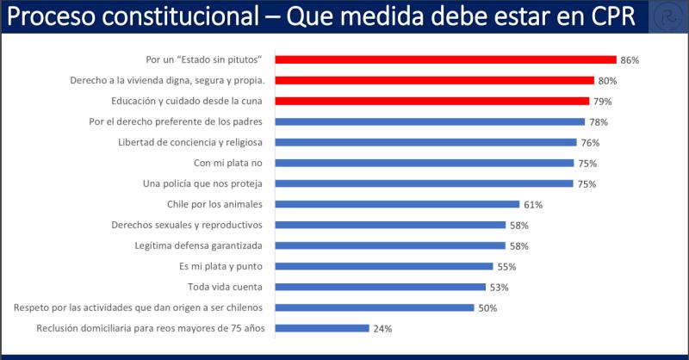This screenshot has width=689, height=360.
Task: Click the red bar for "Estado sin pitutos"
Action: [x=446, y=59]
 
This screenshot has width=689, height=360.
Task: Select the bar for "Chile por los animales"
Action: [x=398, y=204]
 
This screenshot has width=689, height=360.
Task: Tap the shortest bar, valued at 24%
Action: [x=322, y=328]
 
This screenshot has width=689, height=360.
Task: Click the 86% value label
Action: [x=630, y=60]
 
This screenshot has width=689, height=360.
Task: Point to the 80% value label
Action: [x=607, y=81]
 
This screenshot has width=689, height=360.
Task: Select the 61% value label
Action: [x=533, y=205]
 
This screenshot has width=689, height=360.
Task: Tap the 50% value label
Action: [x=487, y=308]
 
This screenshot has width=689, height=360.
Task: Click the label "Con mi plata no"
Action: [x=230, y=163]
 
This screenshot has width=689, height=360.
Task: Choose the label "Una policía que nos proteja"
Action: [x=208, y=183]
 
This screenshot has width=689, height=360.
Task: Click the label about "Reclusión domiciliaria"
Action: [x=154, y=328]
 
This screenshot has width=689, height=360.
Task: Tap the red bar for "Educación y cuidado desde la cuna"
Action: [x=432, y=101]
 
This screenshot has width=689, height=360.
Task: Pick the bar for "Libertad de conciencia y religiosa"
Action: [x=426, y=142]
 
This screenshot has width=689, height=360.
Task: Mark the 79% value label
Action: [x=602, y=102]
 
